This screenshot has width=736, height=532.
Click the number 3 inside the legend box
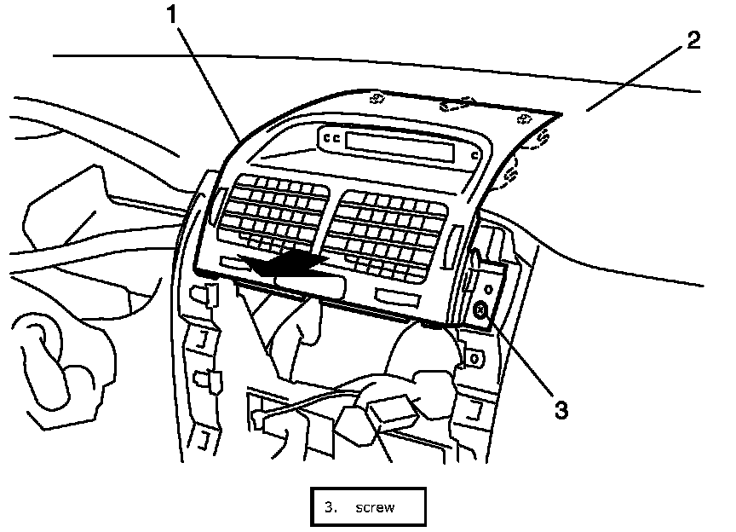[330, 508]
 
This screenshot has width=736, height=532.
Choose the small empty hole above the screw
[489, 289]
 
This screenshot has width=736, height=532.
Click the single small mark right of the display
[474, 156]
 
